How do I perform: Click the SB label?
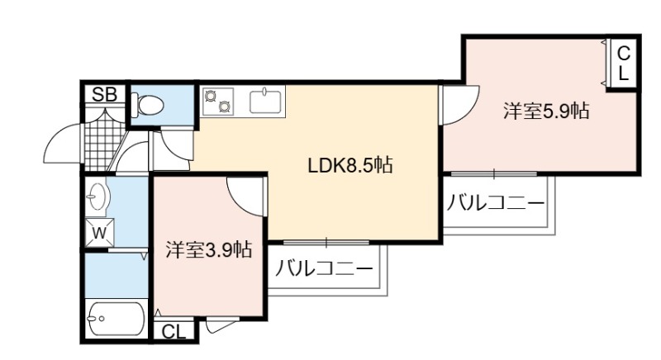[x=105, y=94]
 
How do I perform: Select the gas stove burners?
[x=218, y=101]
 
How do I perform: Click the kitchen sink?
[x=265, y=101]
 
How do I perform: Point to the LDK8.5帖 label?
[x=350, y=165]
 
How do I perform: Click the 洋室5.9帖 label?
[x=546, y=111]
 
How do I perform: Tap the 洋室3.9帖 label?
[x=209, y=249]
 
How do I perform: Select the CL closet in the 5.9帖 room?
[x=623, y=64]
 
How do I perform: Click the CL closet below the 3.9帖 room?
[x=174, y=332]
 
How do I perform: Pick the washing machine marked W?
[x=99, y=232]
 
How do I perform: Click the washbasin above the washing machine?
[x=97, y=196]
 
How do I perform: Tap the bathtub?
[x=115, y=319]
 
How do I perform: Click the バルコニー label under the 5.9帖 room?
[x=496, y=203]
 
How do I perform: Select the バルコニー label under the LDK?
[x=324, y=268]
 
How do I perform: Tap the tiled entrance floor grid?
[x=100, y=144]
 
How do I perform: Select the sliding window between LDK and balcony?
[x=326, y=243]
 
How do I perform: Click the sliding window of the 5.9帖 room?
[x=494, y=173]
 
